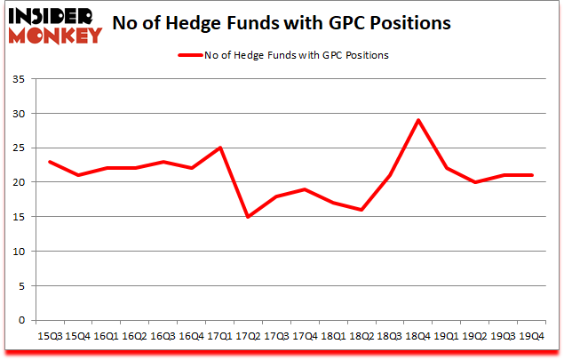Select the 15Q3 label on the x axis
click(x=49, y=336)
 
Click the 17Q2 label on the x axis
click(x=248, y=336)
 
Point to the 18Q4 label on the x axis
click(x=418, y=336)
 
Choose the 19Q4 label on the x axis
click(x=532, y=336)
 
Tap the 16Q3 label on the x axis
click(x=163, y=336)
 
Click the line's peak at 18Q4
click(x=418, y=120)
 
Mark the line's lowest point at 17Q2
click(x=248, y=217)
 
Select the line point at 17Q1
click(x=219, y=148)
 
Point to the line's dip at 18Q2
click(x=361, y=210)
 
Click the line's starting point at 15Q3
click(x=49, y=162)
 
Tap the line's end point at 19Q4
click(x=532, y=175)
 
